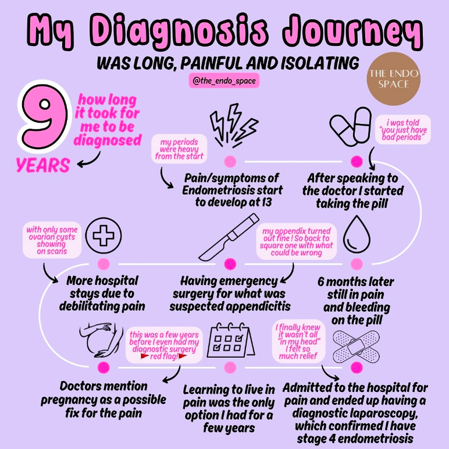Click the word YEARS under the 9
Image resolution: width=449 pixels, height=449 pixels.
pos(43,165)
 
